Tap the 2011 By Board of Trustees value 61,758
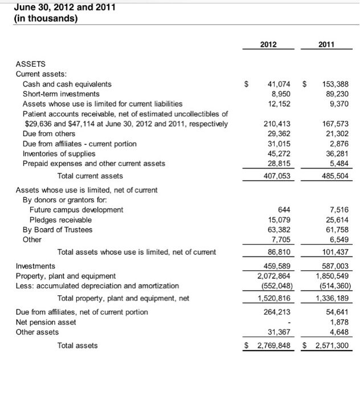click(333, 230)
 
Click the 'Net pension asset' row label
click(48, 321)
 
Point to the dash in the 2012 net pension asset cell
click(291, 322)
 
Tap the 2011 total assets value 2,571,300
click(326, 345)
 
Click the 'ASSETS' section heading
click(31, 64)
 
